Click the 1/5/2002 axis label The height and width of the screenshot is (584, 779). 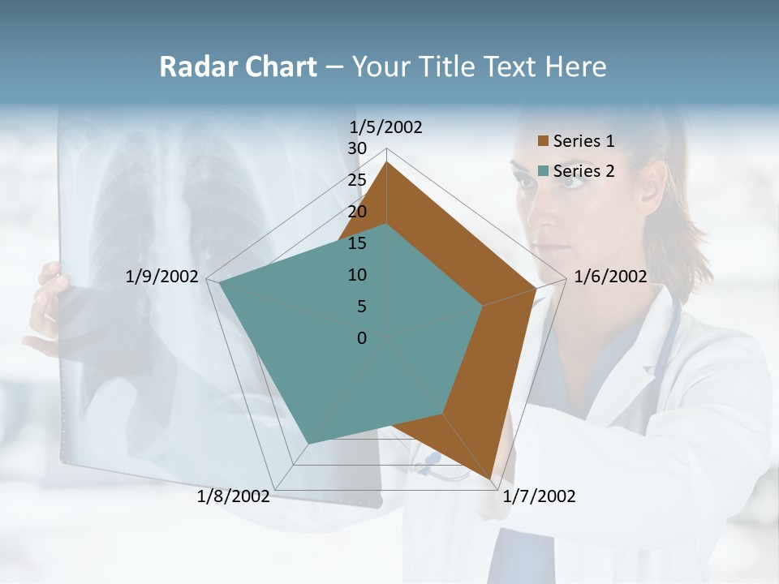[x=385, y=127]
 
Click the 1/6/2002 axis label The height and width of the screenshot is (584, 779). [x=610, y=277]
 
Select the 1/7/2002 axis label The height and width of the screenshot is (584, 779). [x=539, y=496]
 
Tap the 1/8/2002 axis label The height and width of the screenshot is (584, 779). [x=233, y=496]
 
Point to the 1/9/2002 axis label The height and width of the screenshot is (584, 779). [x=161, y=277]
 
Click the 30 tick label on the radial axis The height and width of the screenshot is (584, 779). [x=357, y=148]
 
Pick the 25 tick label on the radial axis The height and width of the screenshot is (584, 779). [x=357, y=180]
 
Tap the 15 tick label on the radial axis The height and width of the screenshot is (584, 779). [x=357, y=243]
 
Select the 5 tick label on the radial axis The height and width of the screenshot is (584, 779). [x=361, y=307]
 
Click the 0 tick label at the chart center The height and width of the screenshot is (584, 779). [x=362, y=338]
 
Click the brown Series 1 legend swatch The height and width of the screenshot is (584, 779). [x=544, y=142]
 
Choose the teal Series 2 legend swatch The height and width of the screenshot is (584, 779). [x=544, y=171]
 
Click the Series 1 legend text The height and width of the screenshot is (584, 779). [x=583, y=142]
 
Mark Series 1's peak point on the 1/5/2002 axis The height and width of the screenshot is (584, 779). [x=387, y=163]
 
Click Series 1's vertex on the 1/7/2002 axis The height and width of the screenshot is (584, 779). [x=491, y=479]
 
